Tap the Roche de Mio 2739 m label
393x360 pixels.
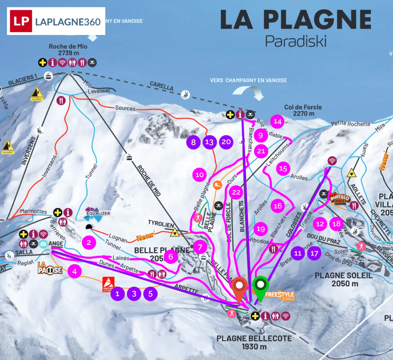68,49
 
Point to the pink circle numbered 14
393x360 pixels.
277,122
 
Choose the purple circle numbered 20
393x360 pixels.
226,142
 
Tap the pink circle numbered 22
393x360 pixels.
236,192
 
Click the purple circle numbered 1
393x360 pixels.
118,294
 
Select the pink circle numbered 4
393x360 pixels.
75,271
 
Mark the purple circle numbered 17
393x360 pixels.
314,253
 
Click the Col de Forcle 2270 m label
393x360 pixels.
303,110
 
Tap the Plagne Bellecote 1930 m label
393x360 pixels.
254,342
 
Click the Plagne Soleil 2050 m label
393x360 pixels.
343,279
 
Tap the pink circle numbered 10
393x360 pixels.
199,175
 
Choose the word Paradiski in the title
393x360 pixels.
295,41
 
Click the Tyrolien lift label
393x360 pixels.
161,224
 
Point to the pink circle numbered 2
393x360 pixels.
89,243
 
